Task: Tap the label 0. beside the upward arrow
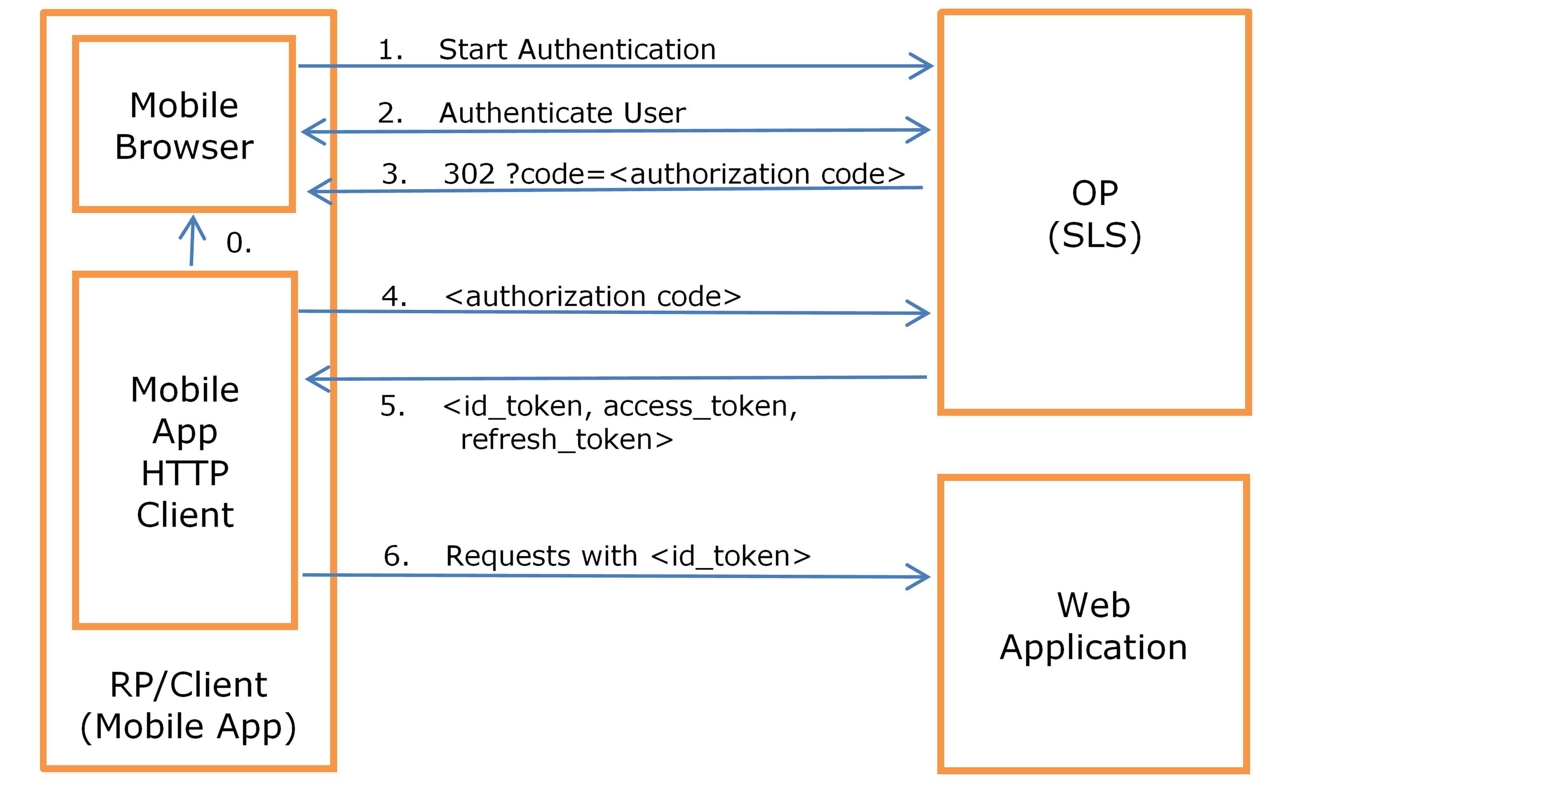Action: coord(238,243)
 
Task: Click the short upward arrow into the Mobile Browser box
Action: coord(192,239)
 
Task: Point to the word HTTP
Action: coord(185,473)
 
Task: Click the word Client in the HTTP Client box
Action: coord(185,515)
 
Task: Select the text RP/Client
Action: coord(188,685)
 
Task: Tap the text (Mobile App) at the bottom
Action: coord(188,727)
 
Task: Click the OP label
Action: coord(1095,194)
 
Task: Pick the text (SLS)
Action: coord(1095,236)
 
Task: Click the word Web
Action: coord(1093,605)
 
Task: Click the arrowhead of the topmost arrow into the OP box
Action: coord(925,66)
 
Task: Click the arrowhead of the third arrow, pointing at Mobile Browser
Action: coord(317,192)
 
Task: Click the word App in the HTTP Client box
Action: coord(185,432)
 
